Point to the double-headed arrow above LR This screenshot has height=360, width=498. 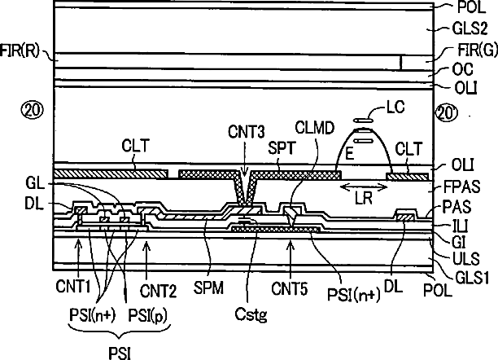364,187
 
